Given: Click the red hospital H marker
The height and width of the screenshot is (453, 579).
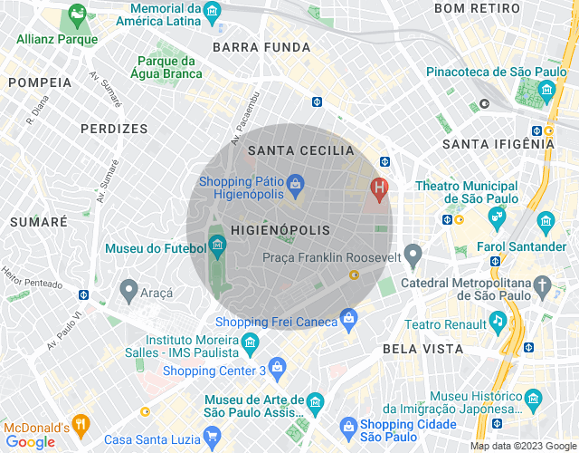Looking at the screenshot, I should click(x=380, y=188).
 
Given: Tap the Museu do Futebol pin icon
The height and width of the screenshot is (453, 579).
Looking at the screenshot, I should click(x=217, y=244).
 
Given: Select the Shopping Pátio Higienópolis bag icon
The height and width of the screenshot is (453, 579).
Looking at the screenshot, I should click(x=295, y=185).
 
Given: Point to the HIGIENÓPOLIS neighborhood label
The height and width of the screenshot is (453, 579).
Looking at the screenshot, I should click(x=280, y=231).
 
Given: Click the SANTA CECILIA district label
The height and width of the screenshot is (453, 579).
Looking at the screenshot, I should click(x=300, y=150).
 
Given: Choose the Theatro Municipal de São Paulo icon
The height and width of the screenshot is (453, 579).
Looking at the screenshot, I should click(x=496, y=216).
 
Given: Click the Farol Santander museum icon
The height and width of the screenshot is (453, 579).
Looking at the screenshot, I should click(x=546, y=221).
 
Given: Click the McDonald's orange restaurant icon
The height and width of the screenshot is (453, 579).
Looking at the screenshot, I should click(x=81, y=422).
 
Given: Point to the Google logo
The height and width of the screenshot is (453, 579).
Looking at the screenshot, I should click(x=29, y=441).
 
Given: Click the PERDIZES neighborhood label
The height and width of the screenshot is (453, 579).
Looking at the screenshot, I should click(x=114, y=129).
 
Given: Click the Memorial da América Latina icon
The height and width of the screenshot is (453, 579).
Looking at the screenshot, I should click(x=214, y=11).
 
